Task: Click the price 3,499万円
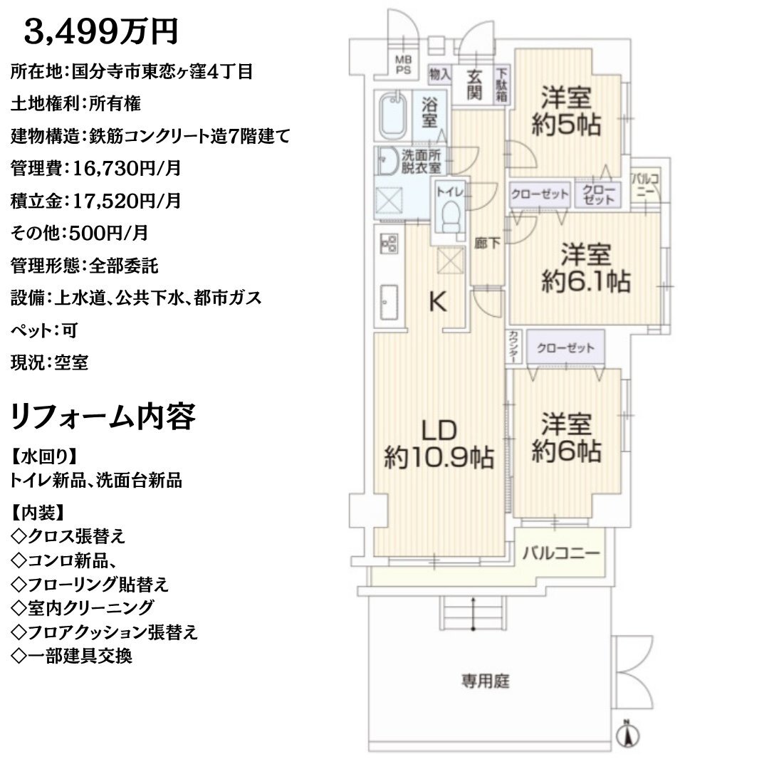100,32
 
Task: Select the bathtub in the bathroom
393,116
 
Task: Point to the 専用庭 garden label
485,681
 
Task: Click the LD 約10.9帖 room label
439,444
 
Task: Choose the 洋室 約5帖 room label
566,111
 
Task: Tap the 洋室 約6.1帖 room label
585,268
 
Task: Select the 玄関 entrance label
474,84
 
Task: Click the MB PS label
404,66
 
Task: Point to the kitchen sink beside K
389,302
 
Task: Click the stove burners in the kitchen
389,244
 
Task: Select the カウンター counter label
513,347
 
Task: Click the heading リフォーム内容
103,417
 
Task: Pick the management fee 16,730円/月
127,168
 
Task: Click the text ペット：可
44,330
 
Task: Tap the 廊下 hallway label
487,243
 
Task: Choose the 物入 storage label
439,75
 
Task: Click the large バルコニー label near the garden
561,553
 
